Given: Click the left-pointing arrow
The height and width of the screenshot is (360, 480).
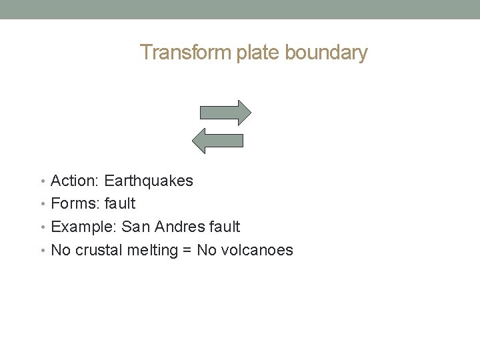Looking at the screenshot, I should click(217, 139).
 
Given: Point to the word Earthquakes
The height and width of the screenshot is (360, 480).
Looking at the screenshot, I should click(149, 181).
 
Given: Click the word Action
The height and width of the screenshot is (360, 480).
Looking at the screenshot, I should click(73, 181).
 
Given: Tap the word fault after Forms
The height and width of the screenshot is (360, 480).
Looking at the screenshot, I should click(120, 203).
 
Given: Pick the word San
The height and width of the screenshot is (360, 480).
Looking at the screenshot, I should click(135, 227).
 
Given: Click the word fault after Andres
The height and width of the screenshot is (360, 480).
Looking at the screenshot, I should click(225, 227).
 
